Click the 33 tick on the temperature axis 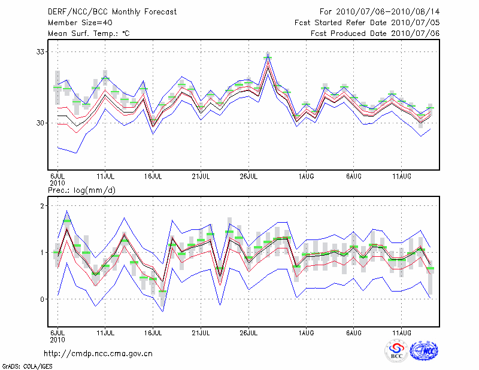(x=40, y=51)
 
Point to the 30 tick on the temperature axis (x=40, y=123)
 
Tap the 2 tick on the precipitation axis (x=43, y=206)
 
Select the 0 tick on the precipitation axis (x=43, y=299)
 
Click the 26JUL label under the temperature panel (x=248, y=177)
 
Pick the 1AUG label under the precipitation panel (x=307, y=331)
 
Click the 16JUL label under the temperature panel (x=153, y=177)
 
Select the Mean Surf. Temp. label (x=88, y=34)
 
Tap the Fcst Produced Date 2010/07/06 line (x=375, y=34)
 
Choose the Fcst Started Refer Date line (x=367, y=23)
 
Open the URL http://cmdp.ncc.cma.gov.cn (x=99, y=353)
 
